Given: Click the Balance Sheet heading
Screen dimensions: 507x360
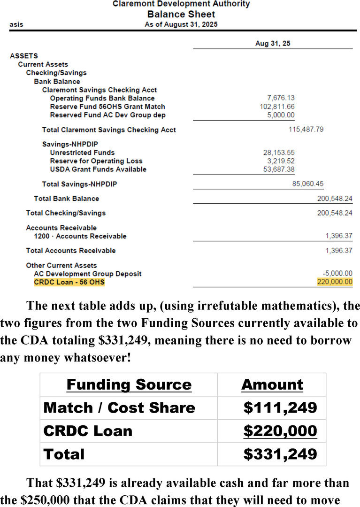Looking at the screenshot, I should coord(181,14).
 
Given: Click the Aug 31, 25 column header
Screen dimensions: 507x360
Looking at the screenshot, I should coord(272,43).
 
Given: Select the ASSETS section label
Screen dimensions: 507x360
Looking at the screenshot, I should coord(24,56).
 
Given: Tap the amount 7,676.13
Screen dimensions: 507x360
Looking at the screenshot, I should coord(281,98).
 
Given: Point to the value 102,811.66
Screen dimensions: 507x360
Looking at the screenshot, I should coord(277,107).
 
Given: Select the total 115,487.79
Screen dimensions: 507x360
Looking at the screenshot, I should coord(306,129).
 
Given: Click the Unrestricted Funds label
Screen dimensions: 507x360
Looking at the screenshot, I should coord(82,153).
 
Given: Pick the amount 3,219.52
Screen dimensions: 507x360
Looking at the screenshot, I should coord(281,161).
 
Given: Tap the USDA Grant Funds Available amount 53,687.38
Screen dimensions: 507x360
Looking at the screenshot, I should coord(279,169).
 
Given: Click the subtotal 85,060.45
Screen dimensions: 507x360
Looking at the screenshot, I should coord(307,184).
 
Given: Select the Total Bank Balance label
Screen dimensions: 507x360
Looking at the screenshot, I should coord(66,199).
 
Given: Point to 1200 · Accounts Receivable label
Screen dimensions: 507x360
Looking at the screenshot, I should coord(80,236).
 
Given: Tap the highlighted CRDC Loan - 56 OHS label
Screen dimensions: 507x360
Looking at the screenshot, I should coord(69,282).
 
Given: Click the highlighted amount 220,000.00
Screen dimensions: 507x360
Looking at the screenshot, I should coord(335,282).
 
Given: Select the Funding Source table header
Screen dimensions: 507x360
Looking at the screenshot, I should coord(129,385).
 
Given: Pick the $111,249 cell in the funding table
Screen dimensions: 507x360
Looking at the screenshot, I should coord(280,407).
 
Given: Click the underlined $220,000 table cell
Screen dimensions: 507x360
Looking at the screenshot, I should coord(280,431).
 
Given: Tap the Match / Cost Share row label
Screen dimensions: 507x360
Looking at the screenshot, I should coord(119,407).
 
